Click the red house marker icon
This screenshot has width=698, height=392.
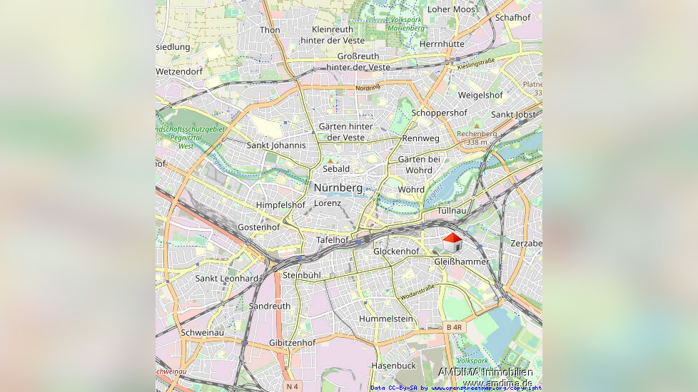(452, 243)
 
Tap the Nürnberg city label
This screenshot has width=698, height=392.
(338, 187)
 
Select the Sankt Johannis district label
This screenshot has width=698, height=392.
(276, 145)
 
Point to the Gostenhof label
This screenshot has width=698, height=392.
(258, 227)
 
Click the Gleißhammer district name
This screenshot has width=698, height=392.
(462, 262)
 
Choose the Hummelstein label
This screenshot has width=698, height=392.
(386, 319)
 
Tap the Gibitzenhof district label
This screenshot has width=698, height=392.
(293, 343)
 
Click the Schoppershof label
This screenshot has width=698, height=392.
(439, 113)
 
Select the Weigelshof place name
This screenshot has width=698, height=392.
(480, 95)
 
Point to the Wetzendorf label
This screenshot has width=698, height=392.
(179, 72)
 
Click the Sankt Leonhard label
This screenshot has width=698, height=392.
(227, 278)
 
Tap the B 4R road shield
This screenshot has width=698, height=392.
(455, 327)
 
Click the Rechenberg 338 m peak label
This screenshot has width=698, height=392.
(476, 138)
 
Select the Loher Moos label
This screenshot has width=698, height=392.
(451, 9)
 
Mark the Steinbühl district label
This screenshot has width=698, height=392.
(302, 275)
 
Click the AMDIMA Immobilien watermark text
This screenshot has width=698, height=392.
(485, 372)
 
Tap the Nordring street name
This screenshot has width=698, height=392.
(368, 88)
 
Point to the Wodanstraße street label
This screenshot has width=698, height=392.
(418, 292)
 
